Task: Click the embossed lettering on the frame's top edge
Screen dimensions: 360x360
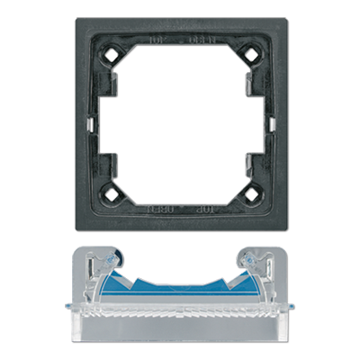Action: click(179, 40)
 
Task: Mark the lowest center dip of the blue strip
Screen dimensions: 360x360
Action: click(180, 290)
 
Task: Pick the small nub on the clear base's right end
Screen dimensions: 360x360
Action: click(286, 310)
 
